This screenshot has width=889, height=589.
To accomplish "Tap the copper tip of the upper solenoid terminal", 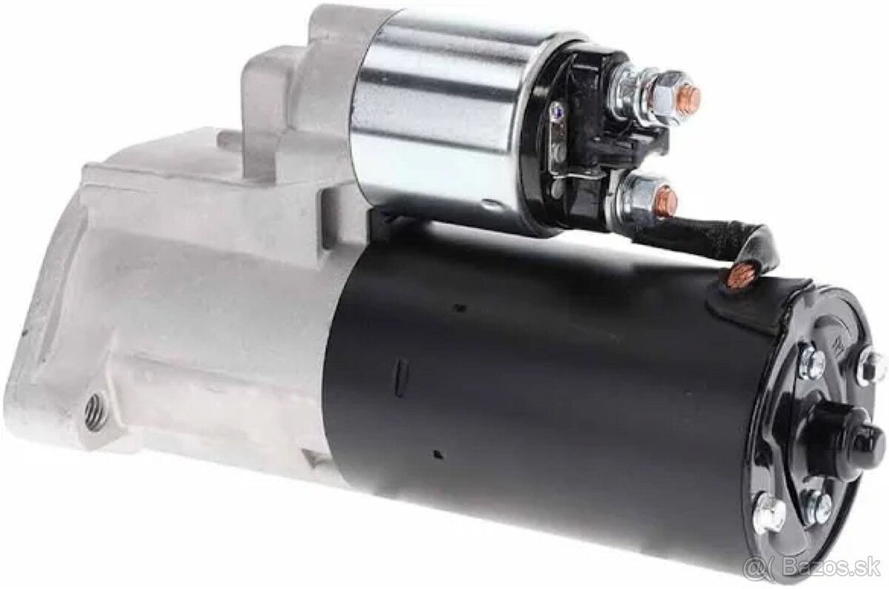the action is [x=690, y=96].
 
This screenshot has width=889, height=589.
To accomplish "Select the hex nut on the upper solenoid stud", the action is [x=664, y=98].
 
